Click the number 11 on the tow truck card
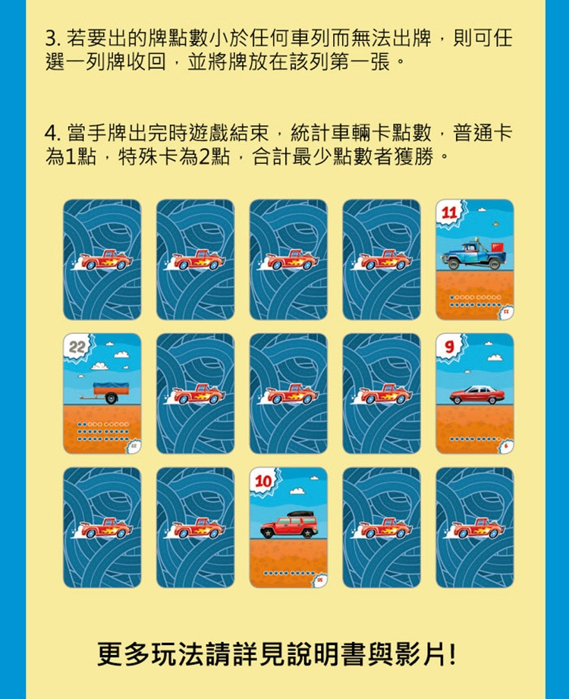pyautogui.click(x=450, y=213)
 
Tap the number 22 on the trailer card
pyautogui.click(x=77, y=346)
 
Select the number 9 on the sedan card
pyautogui.click(x=449, y=346)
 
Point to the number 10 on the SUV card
pyautogui.click(x=263, y=481)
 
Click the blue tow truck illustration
pyautogui.click(x=473, y=255)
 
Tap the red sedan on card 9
pyautogui.click(x=477, y=395)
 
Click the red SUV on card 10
pyautogui.click(x=289, y=524)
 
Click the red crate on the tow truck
pyautogui.click(x=497, y=247)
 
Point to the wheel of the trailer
pyautogui.click(x=111, y=398)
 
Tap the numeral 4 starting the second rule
pyautogui.click(x=50, y=133)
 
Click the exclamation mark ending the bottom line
pyautogui.click(x=453, y=654)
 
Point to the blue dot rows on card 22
pyautogui.click(x=103, y=432)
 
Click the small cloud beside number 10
pyautogui.click(x=297, y=491)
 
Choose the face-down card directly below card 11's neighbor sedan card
pyautogui.click(x=474, y=527)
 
